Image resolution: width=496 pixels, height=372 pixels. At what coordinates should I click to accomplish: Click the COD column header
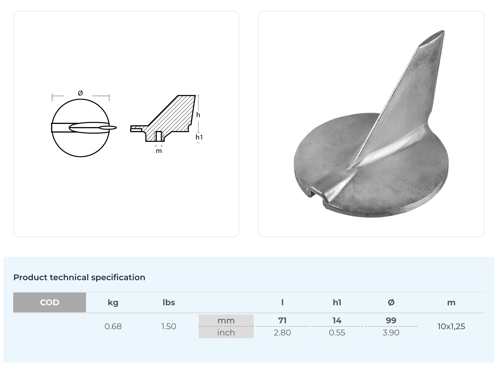pos(49,302)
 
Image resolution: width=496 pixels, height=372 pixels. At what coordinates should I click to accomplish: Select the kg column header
pos(113,303)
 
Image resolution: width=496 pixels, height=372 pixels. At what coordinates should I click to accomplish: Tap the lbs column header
pos(169,302)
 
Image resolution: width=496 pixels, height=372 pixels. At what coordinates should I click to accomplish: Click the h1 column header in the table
pos(337,302)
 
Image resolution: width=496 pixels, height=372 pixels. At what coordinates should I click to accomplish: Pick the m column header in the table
pos(451,303)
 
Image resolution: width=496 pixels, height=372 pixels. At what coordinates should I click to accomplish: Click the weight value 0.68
pos(113,326)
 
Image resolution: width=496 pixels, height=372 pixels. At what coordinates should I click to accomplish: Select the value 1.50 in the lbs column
pos(169,326)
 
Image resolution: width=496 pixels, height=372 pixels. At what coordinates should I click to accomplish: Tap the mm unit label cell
pos(226,320)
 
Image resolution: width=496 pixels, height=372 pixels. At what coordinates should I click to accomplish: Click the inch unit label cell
pos(226,333)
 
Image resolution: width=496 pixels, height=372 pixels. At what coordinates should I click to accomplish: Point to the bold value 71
pos(282,320)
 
